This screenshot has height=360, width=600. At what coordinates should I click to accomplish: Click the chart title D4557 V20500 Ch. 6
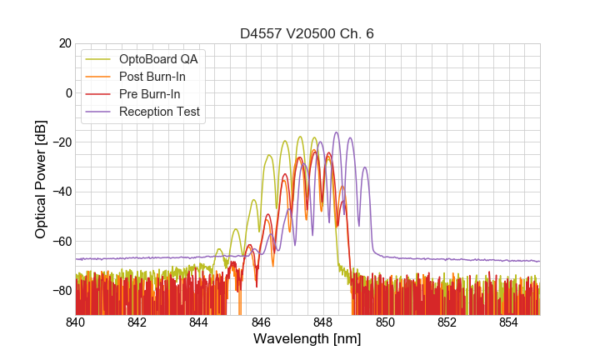[x=307, y=33]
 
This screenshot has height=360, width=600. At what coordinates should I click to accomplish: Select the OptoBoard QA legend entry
[x=158, y=59]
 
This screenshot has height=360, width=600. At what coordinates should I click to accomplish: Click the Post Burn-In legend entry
[x=152, y=77]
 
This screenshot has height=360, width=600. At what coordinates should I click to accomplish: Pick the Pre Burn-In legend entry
[x=150, y=94]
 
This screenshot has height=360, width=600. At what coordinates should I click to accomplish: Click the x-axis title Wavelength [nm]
[x=307, y=339]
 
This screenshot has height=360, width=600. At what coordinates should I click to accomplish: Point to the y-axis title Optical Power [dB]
[x=41, y=179]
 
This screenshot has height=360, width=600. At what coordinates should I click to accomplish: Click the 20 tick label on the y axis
[x=65, y=43]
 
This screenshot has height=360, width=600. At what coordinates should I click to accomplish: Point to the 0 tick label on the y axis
[x=68, y=92]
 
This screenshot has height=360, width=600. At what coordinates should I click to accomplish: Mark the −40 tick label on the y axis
[x=61, y=192]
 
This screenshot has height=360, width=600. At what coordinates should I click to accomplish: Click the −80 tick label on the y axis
[x=61, y=291]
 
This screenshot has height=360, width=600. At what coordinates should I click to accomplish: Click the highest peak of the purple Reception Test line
[x=337, y=132]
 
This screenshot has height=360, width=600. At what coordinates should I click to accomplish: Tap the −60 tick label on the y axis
[x=61, y=242]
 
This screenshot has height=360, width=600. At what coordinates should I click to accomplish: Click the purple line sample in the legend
[x=99, y=112]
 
